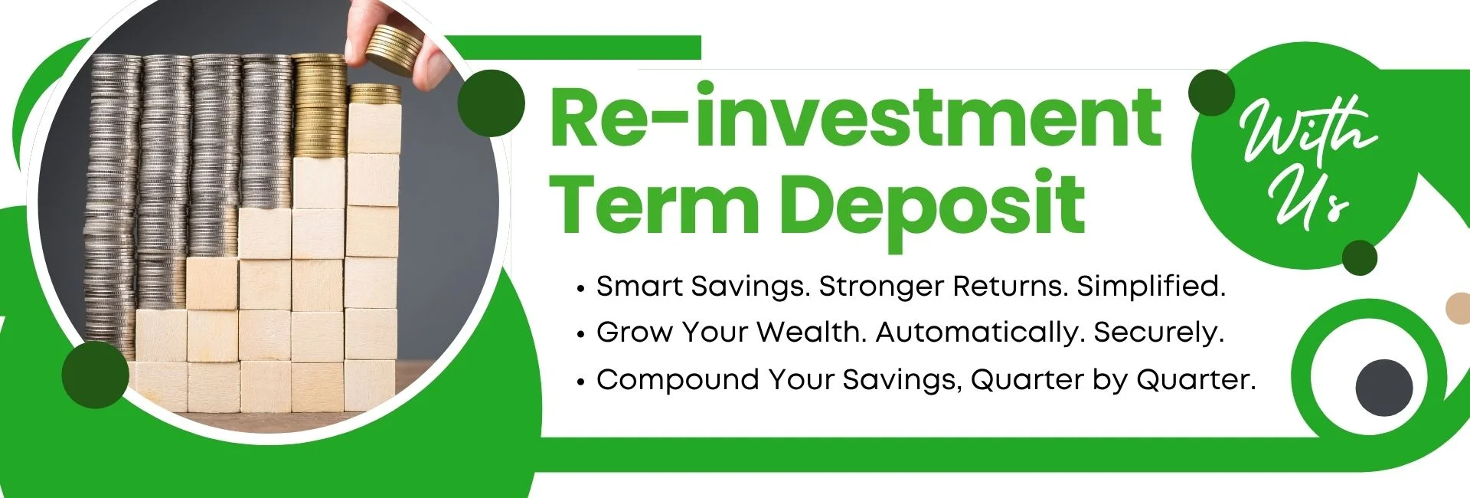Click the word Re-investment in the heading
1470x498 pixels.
(x=855, y=119)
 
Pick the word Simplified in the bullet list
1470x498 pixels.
(x=1151, y=287)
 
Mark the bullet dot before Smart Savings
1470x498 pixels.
(x=581, y=289)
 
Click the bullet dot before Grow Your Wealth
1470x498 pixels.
(x=581, y=335)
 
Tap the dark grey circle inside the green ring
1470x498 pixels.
(x=1384, y=388)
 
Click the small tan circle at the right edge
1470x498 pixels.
(x=1458, y=309)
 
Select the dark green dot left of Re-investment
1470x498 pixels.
(x=491, y=104)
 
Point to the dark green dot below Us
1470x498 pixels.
(x=1359, y=257)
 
